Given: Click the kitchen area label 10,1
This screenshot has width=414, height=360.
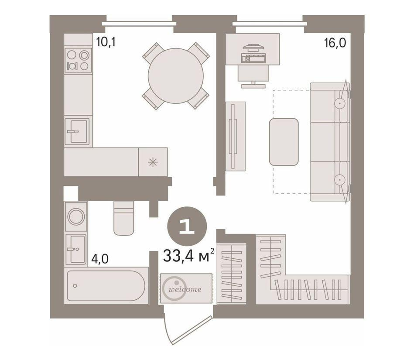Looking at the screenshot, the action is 106,42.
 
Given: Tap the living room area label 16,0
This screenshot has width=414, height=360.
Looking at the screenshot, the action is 335,43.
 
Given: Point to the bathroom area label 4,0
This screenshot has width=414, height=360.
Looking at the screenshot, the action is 100,259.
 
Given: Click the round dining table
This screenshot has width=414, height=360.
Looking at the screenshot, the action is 175,76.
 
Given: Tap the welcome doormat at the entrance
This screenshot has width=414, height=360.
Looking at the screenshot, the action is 186,288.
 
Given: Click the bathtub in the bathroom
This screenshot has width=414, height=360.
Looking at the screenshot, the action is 106,285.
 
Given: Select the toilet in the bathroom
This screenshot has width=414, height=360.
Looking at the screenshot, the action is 123,218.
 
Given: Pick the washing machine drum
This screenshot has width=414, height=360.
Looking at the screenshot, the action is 76,216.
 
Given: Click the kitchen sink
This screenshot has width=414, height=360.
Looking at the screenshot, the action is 77,131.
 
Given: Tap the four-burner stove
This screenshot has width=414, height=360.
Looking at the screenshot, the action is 78,60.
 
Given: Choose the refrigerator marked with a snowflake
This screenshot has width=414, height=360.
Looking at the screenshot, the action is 153,162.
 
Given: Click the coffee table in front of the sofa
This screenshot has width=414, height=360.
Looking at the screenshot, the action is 284,142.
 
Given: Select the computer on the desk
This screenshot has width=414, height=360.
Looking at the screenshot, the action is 253,54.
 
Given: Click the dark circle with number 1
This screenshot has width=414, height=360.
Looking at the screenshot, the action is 187,226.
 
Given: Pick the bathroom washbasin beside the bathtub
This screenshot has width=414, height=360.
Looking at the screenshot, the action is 76,249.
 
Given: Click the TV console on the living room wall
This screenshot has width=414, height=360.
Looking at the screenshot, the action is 235,136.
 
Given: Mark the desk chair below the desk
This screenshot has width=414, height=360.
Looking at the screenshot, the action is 253,76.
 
